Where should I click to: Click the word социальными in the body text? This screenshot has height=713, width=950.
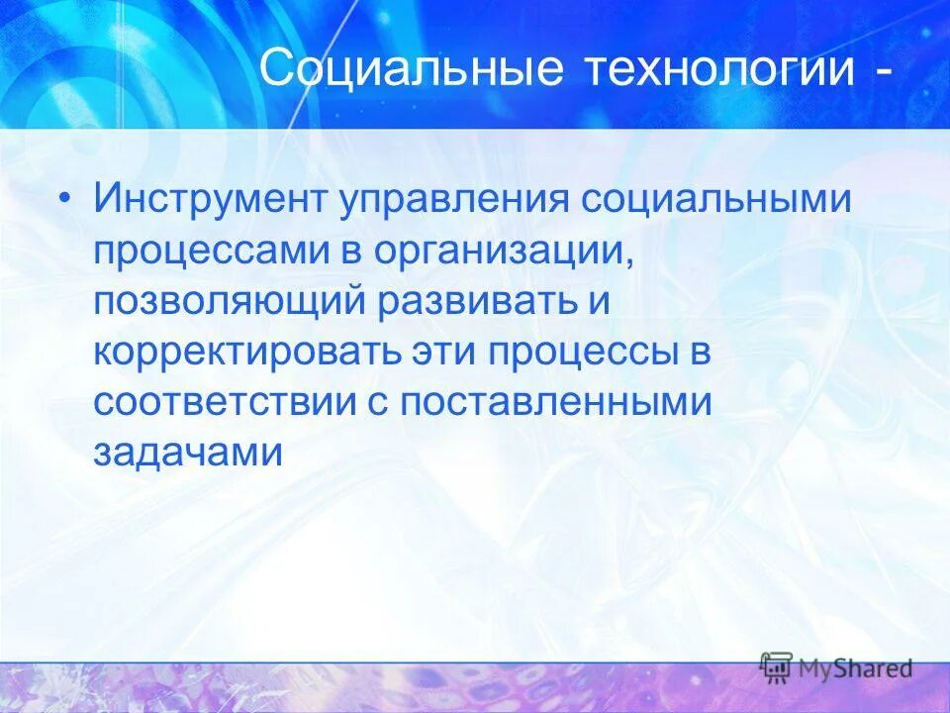click(x=715, y=199)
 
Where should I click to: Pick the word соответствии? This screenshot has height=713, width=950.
click(x=229, y=404)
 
